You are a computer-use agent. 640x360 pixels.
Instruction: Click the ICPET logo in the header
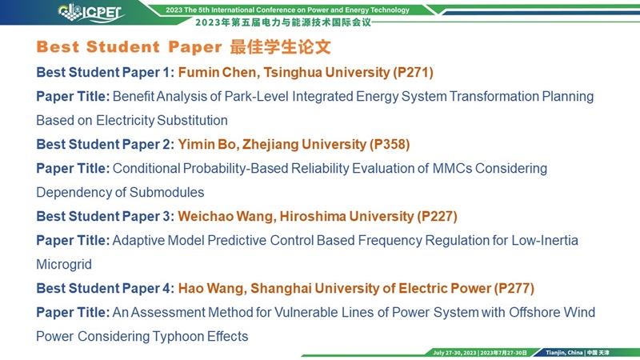(91, 12)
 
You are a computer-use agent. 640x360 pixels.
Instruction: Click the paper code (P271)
(413, 72)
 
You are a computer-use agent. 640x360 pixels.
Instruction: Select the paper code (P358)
(390, 145)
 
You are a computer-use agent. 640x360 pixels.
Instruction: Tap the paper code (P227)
(437, 216)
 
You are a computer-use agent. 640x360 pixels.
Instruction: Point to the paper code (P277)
(514, 289)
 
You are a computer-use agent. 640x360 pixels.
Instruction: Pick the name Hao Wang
(212, 289)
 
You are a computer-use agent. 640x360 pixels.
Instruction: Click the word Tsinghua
(293, 73)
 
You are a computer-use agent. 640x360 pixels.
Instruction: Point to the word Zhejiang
(270, 146)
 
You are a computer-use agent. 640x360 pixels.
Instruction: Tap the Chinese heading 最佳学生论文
(280, 47)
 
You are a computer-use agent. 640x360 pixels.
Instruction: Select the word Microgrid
(64, 265)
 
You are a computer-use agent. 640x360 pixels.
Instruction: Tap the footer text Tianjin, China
(564, 353)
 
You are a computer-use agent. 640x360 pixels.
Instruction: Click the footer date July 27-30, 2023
(454, 353)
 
